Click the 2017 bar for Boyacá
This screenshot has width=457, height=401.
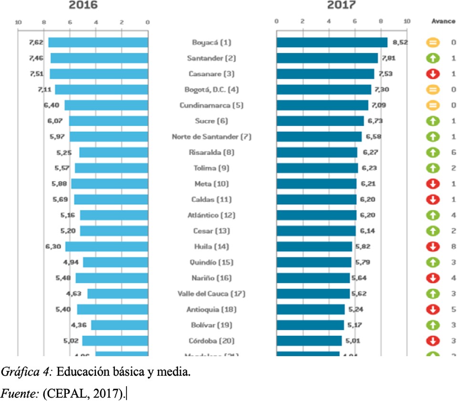click(x=332, y=42)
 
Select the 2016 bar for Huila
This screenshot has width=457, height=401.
click(x=106, y=247)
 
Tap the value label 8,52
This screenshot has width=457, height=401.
click(x=400, y=42)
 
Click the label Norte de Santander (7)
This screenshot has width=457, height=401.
click(x=211, y=137)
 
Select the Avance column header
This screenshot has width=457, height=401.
click(x=443, y=21)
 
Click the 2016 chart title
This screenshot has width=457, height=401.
click(x=83, y=5)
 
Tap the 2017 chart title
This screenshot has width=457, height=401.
click(x=341, y=5)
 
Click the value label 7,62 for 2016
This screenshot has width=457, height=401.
click(x=36, y=42)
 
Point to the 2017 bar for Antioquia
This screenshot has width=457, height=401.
click(x=310, y=309)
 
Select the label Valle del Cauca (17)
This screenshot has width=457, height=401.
click(x=211, y=294)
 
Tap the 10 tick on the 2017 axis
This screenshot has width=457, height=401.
click(x=406, y=21)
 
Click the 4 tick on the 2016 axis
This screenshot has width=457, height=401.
click(x=96, y=21)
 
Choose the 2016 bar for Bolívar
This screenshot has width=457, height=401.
click(x=119, y=325)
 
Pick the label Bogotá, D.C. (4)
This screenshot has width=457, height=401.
click(x=211, y=90)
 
